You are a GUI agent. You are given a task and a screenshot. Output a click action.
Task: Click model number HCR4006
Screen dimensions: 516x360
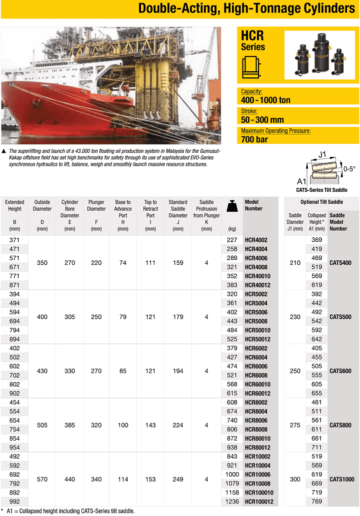pyautogui.click(x=256, y=258)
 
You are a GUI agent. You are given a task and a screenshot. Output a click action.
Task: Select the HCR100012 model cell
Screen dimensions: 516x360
pyautogui.click(x=259, y=502)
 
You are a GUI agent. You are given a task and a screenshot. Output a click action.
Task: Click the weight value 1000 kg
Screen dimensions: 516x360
pyautogui.click(x=231, y=475)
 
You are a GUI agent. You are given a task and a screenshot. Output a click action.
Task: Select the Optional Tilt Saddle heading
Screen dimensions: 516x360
pyautogui.click(x=321, y=202)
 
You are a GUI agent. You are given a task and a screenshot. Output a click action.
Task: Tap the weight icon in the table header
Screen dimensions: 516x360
pyautogui.click(x=231, y=206)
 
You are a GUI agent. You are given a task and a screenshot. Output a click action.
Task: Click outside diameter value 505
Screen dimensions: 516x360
pyautogui.click(x=42, y=426)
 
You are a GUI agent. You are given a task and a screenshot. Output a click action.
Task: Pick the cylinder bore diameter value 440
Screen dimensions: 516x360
pyautogui.click(x=69, y=480)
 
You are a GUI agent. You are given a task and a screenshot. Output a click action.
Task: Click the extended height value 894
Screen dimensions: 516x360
pyautogui.click(x=14, y=339)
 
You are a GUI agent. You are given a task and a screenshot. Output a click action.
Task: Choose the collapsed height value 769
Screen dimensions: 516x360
pyautogui.click(x=316, y=502)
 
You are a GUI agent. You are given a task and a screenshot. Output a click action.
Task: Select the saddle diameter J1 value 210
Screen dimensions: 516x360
pyautogui.click(x=295, y=263)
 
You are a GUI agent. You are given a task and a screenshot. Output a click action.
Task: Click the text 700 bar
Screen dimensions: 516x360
pyautogui.click(x=254, y=139)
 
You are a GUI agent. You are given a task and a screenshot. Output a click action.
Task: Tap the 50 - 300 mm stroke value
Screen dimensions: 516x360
pyautogui.click(x=262, y=120)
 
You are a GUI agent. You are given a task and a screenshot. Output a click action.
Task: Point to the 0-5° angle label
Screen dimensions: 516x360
pyautogui.click(x=349, y=169)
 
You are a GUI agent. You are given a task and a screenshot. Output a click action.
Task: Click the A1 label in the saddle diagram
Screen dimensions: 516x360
pyautogui.click(x=301, y=181)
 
